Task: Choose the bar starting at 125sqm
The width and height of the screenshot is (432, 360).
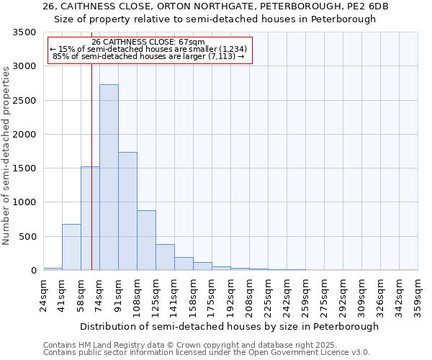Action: pyautogui.click(x=165, y=257)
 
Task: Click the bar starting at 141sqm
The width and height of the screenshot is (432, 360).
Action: pyautogui.click(x=184, y=264)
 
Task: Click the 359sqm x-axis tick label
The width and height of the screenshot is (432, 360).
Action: pyautogui.click(x=418, y=296)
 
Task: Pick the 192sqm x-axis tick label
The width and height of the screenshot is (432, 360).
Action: pyautogui.click(x=231, y=296)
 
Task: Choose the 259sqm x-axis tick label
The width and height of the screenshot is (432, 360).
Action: pyautogui.click(x=306, y=296)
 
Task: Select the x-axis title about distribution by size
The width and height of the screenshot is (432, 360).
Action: pyautogui.click(x=230, y=326)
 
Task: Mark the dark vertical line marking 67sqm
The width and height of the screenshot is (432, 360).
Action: pyautogui.click(x=91, y=180)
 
